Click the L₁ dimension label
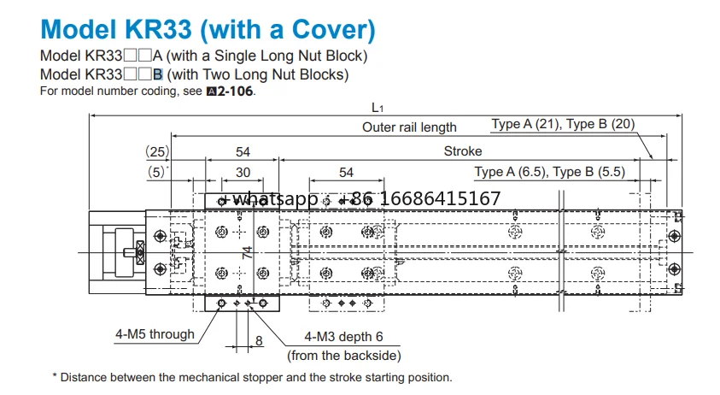click(x=377, y=108)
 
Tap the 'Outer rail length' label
click(x=409, y=127)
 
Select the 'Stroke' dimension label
click(x=463, y=151)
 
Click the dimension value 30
click(x=243, y=173)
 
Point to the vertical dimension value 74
click(x=248, y=252)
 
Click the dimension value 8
click(x=259, y=341)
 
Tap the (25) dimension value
click(x=157, y=151)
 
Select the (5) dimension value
click(x=156, y=172)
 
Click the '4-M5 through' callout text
click(x=155, y=334)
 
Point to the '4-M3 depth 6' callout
click(x=343, y=337)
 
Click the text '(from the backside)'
click(x=344, y=356)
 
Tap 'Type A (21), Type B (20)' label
click(x=563, y=124)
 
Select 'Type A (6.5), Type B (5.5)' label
click(x=550, y=172)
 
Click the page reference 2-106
click(x=235, y=91)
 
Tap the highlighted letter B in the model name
click(x=158, y=74)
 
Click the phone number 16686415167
click(x=440, y=198)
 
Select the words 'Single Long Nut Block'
click(x=289, y=56)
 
